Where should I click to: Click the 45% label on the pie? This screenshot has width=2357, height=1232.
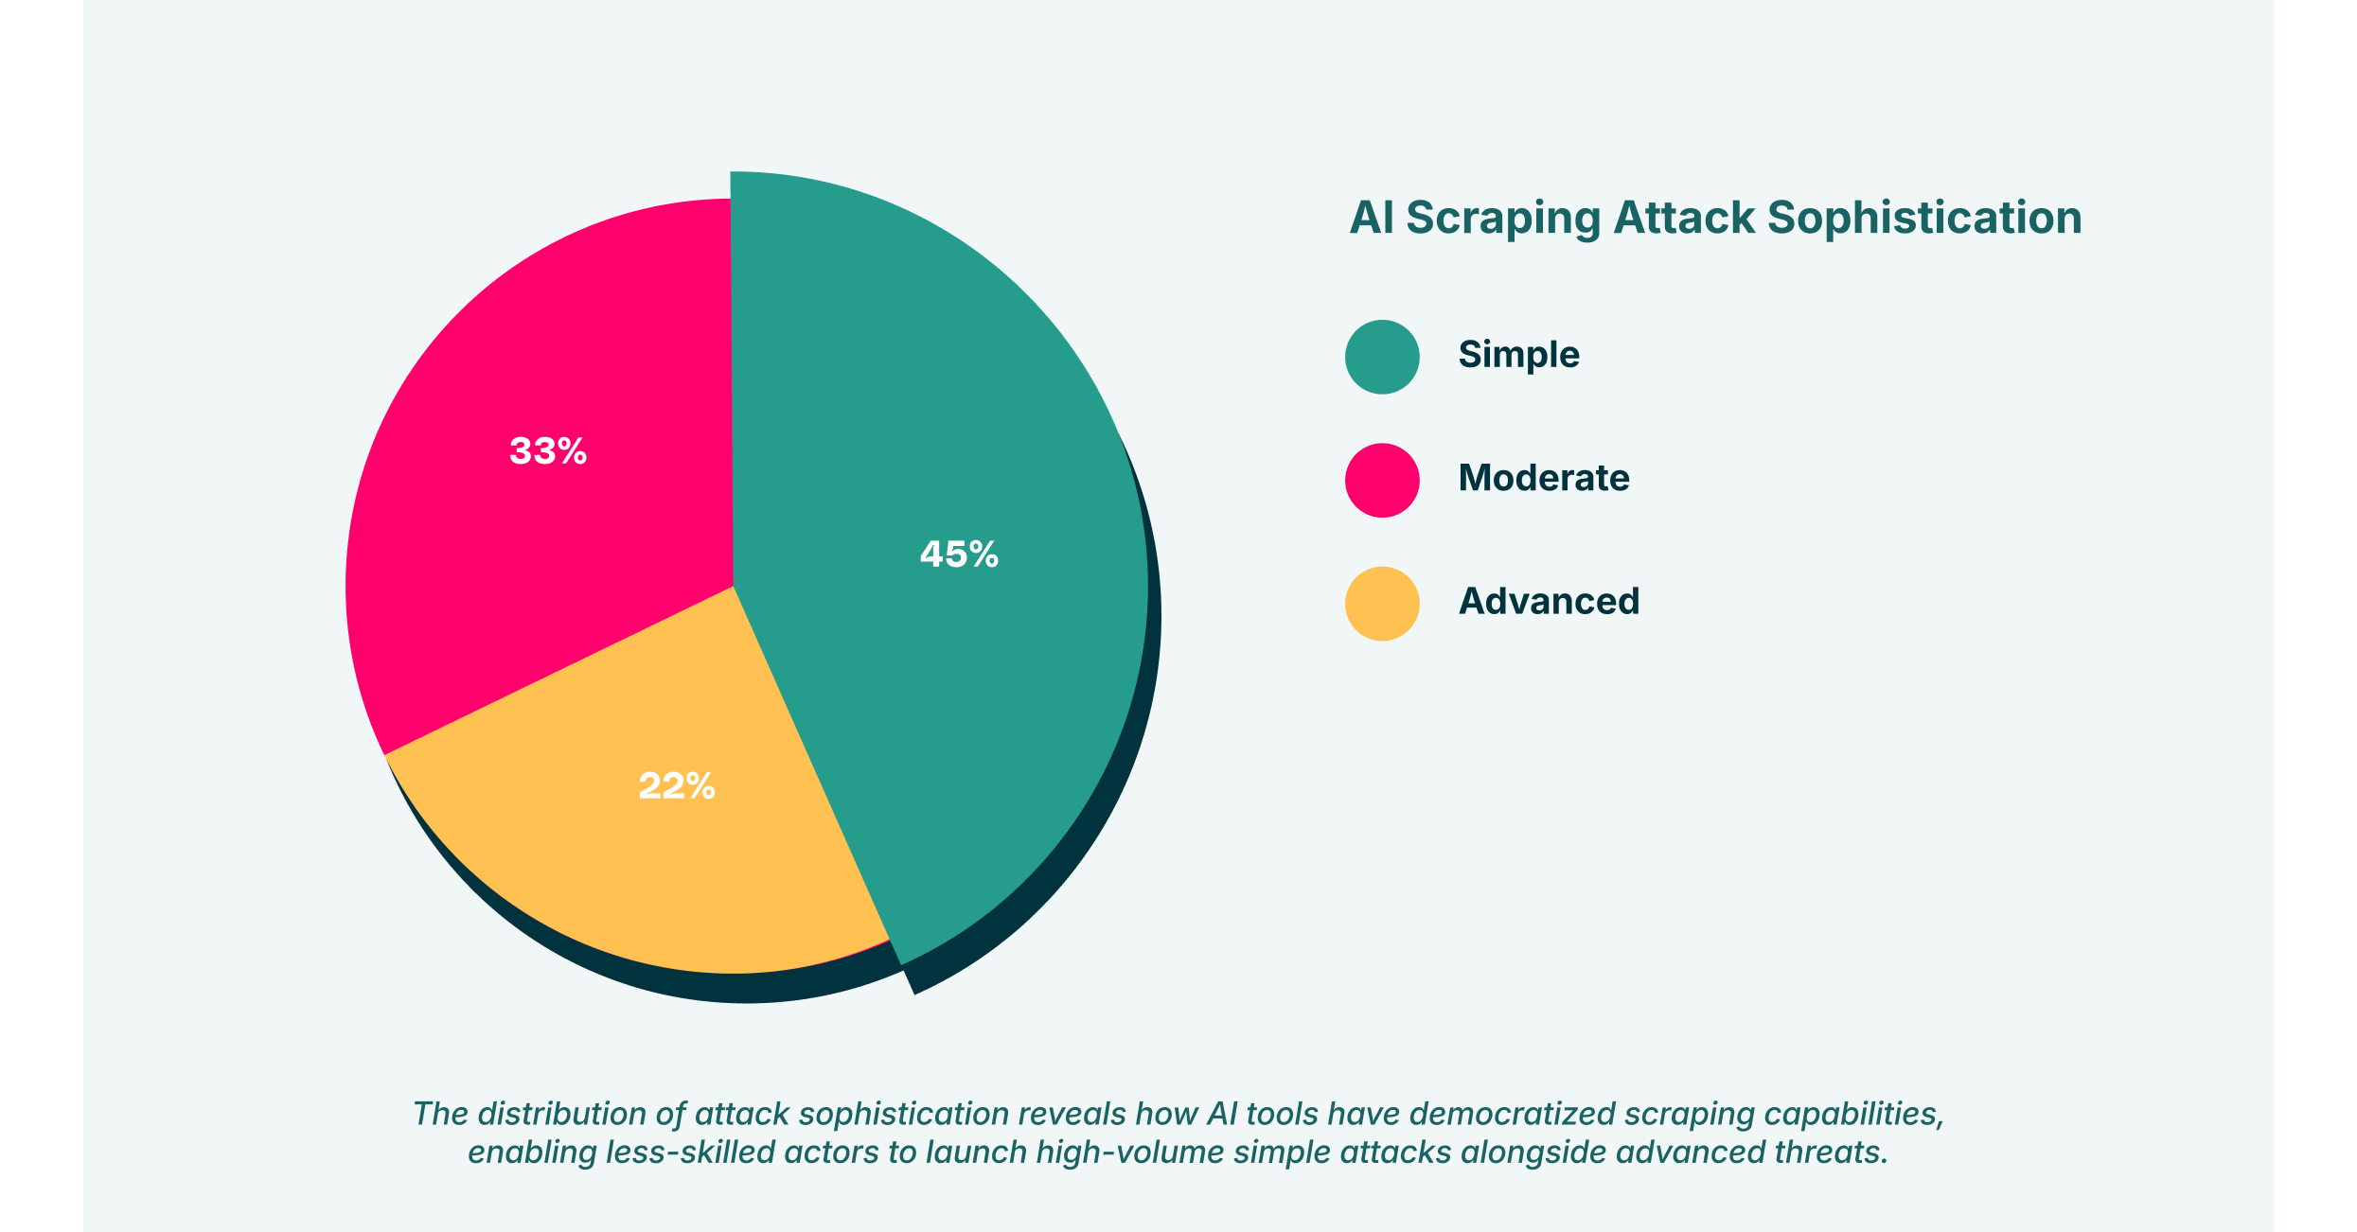click(x=959, y=554)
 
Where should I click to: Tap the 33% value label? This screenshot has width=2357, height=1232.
click(x=548, y=451)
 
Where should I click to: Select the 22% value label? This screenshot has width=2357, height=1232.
click(x=677, y=786)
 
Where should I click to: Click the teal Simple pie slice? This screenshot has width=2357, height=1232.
click(x=947, y=378)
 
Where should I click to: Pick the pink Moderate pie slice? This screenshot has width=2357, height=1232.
click(x=530, y=568)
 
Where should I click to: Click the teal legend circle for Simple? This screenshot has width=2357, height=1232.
click(x=1382, y=357)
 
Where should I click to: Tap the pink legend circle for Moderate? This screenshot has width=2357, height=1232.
click(x=1382, y=480)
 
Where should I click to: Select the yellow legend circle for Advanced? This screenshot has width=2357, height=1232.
click(x=1382, y=604)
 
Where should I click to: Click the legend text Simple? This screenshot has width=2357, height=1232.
click(x=1518, y=355)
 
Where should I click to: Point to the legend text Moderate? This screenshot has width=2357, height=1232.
click(x=1544, y=478)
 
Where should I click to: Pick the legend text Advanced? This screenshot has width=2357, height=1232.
click(x=1549, y=602)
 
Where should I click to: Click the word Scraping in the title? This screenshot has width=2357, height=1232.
click(x=1503, y=219)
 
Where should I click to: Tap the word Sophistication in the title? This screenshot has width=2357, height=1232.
click(x=1924, y=219)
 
